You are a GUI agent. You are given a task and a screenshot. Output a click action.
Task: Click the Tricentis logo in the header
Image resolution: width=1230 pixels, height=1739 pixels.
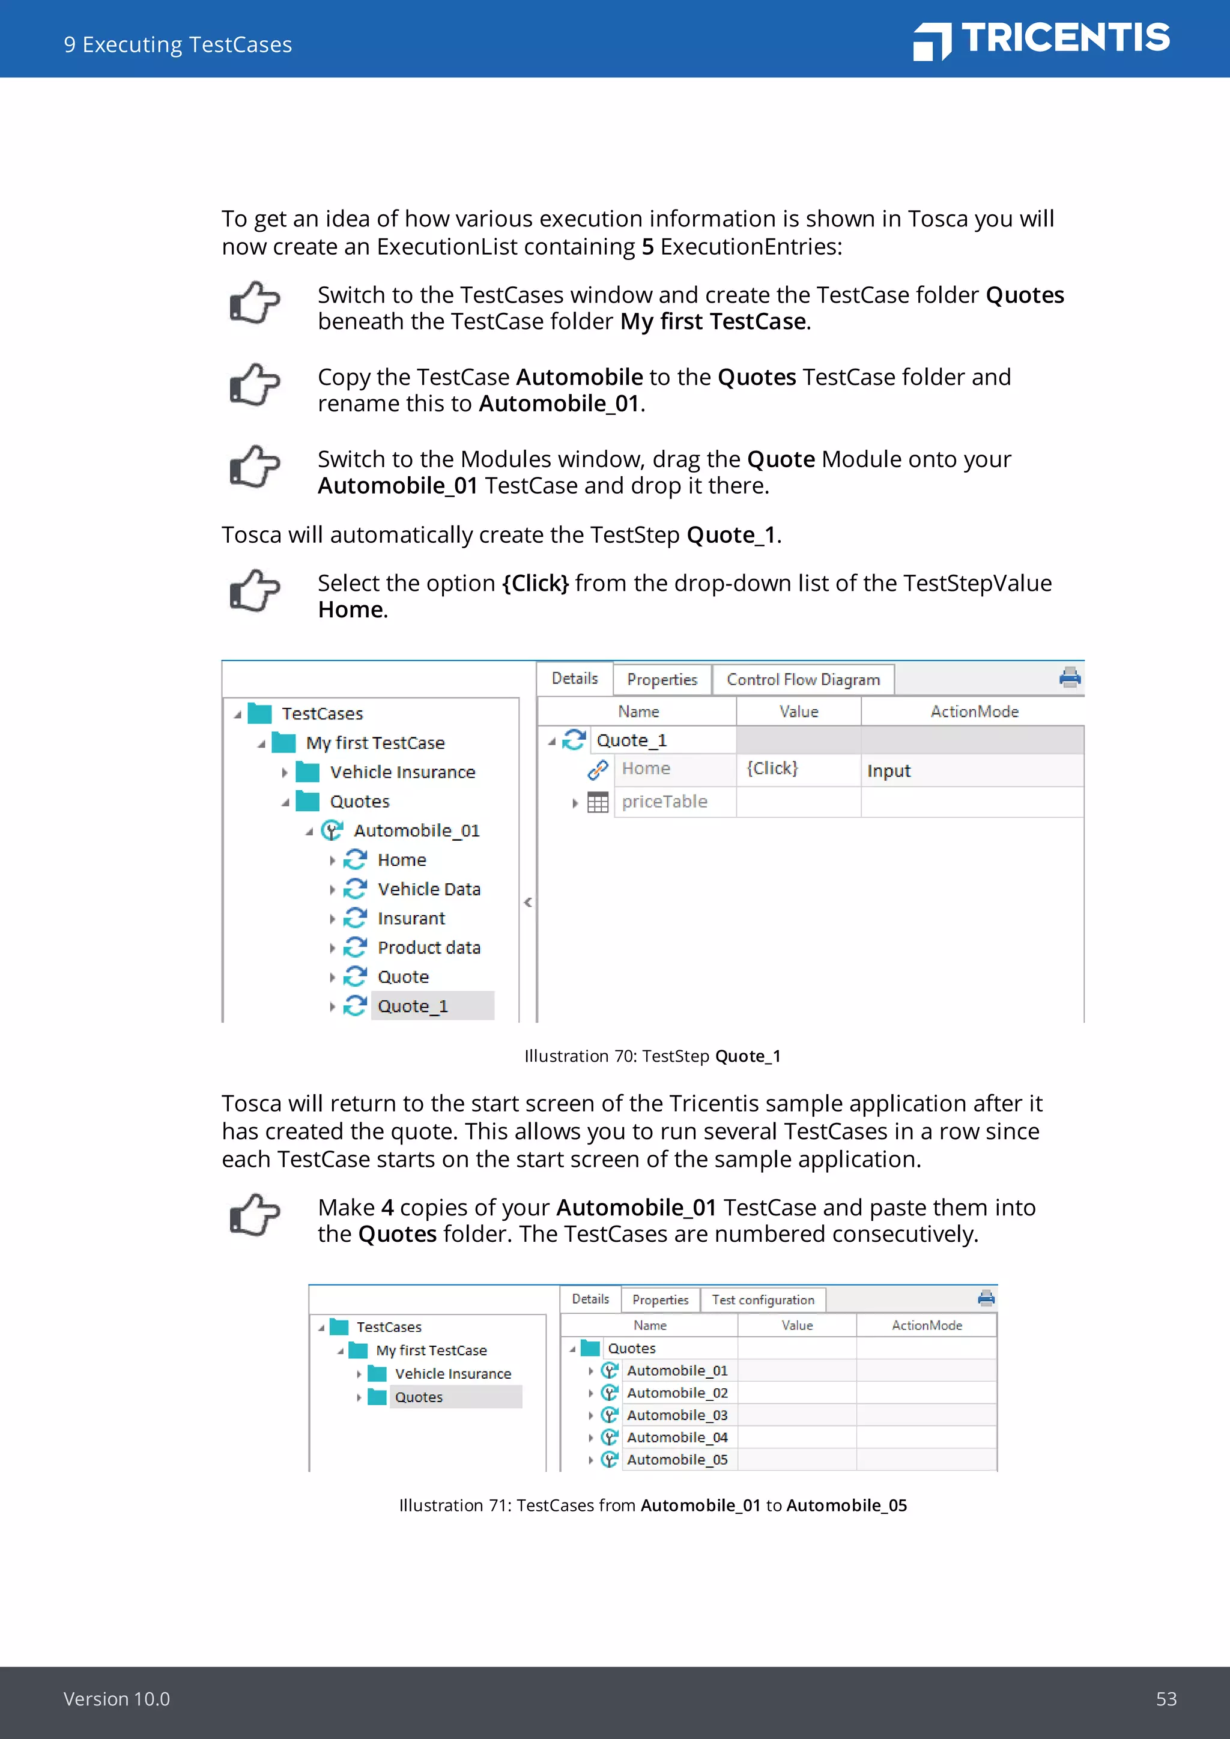(1041, 40)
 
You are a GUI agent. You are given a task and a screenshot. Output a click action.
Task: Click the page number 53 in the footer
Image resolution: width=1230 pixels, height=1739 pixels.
(1165, 1699)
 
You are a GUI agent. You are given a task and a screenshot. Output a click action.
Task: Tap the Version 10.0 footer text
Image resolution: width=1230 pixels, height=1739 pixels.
(117, 1699)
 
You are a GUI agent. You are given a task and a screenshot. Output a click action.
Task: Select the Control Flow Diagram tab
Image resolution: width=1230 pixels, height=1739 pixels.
(803, 679)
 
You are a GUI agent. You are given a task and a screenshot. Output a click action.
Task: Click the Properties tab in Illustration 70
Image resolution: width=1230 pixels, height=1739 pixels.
(661, 679)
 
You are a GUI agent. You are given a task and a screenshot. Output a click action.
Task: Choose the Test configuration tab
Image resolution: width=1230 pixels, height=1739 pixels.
(762, 1299)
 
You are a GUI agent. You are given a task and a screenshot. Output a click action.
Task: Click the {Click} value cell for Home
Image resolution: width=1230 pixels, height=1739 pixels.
(772, 769)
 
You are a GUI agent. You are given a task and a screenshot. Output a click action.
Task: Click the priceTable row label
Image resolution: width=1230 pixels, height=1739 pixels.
(664, 801)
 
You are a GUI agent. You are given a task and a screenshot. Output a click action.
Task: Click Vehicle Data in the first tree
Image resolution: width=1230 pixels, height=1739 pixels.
(429, 889)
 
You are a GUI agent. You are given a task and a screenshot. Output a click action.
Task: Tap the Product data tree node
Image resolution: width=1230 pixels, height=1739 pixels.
(429, 948)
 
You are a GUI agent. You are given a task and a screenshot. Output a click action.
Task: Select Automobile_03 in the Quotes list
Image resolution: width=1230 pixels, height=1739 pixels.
(676, 1415)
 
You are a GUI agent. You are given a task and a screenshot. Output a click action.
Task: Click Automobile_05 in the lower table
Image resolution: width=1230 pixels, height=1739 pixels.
(676, 1460)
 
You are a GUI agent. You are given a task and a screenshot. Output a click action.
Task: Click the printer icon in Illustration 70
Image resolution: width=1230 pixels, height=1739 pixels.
(1070, 677)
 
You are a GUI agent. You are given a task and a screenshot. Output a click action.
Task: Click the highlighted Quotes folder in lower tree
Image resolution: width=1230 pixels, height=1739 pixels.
(419, 1397)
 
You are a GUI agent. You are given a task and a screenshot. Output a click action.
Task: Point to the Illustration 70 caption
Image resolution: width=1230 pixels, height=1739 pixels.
(652, 1056)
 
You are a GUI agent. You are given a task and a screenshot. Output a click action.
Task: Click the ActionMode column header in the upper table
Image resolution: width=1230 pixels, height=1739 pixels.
(974, 711)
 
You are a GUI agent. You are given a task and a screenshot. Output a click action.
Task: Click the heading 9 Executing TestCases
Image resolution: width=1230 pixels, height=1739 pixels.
(178, 44)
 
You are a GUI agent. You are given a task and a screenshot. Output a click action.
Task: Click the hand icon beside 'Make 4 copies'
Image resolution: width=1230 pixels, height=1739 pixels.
(255, 1215)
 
